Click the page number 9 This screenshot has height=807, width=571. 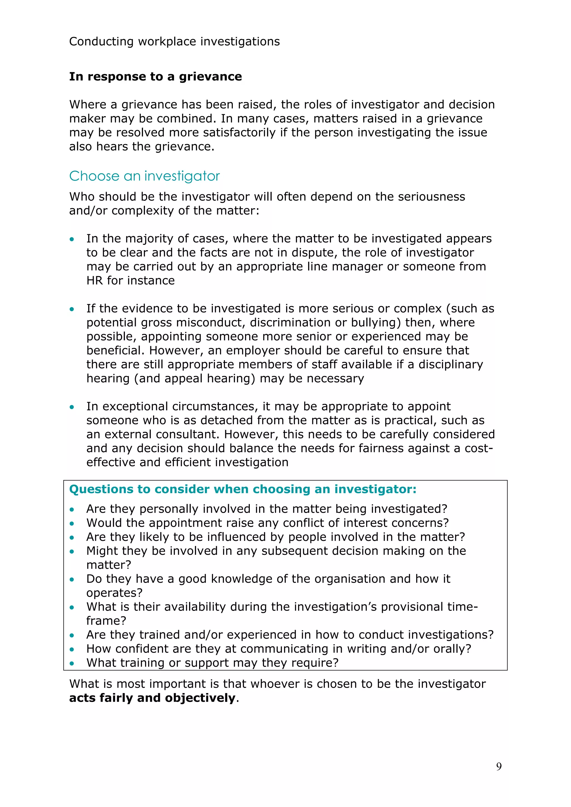[x=499, y=766]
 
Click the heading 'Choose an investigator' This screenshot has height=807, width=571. [x=144, y=176]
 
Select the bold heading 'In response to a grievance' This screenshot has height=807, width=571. [x=155, y=76]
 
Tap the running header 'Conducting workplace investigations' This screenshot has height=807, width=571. [x=174, y=42]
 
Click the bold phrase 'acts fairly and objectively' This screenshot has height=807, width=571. [x=152, y=698]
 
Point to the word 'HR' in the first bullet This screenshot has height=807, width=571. [x=95, y=281]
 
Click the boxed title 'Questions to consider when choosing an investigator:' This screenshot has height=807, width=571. [x=243, y=489]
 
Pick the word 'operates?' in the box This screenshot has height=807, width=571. [x=114, y=593]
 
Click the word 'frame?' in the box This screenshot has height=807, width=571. [x=106, y=621]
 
